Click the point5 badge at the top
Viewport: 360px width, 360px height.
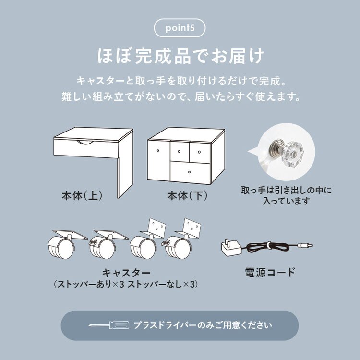tap(180, 28)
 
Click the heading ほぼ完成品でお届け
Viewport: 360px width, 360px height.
tap(180, 56)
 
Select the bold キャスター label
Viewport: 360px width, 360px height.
tap(126, 273)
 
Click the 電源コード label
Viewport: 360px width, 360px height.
tap(269, 273)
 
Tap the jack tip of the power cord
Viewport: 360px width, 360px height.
tap(307, 245)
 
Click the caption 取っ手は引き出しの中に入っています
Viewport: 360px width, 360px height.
tap(286, 195)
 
